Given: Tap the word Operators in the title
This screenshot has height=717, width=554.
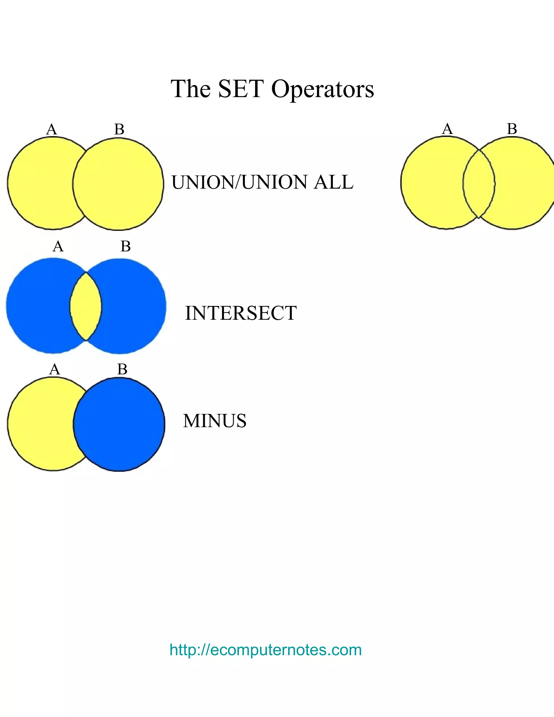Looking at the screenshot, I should pos(323,89).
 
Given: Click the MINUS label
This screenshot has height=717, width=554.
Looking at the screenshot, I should pos(215,421).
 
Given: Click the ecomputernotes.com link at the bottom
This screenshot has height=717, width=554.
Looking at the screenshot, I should pos(266,650).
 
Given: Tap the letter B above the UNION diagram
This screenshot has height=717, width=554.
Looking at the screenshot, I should pos(119,129).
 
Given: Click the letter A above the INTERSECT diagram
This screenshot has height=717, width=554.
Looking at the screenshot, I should pos(58,246).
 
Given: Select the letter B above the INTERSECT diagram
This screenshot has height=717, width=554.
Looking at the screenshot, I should pos(125,246).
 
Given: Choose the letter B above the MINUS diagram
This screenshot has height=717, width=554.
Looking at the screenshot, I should pos(122,369).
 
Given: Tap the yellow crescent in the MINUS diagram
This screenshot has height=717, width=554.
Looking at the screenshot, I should pos(39,423).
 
